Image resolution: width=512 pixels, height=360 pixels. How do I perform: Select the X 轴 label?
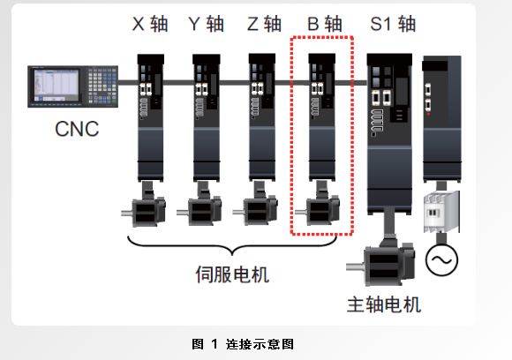click(150, 26)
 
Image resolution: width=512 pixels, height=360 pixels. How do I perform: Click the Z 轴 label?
click(263, 26)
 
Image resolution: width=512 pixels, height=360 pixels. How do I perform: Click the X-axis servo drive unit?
click(152, 115)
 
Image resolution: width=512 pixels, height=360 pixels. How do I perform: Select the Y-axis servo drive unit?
click(207, 115)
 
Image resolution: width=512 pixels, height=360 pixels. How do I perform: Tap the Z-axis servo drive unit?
click(264, 115)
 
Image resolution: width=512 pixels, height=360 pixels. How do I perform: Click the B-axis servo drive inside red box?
click(321, 115)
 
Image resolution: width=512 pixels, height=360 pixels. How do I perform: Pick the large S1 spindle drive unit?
click(388, 132)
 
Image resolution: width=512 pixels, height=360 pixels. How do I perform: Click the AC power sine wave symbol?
click(439, 260)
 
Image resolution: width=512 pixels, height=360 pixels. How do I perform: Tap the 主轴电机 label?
click(384, 305)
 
